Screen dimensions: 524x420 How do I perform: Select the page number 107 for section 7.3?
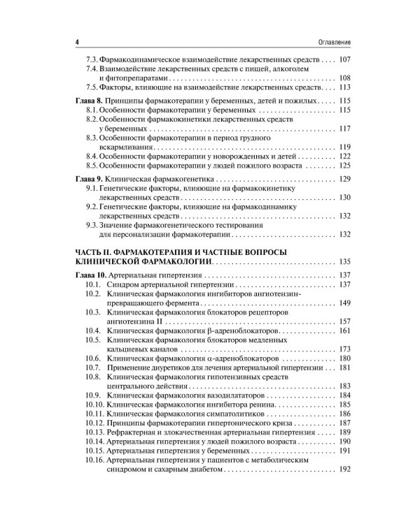point(347,59)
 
